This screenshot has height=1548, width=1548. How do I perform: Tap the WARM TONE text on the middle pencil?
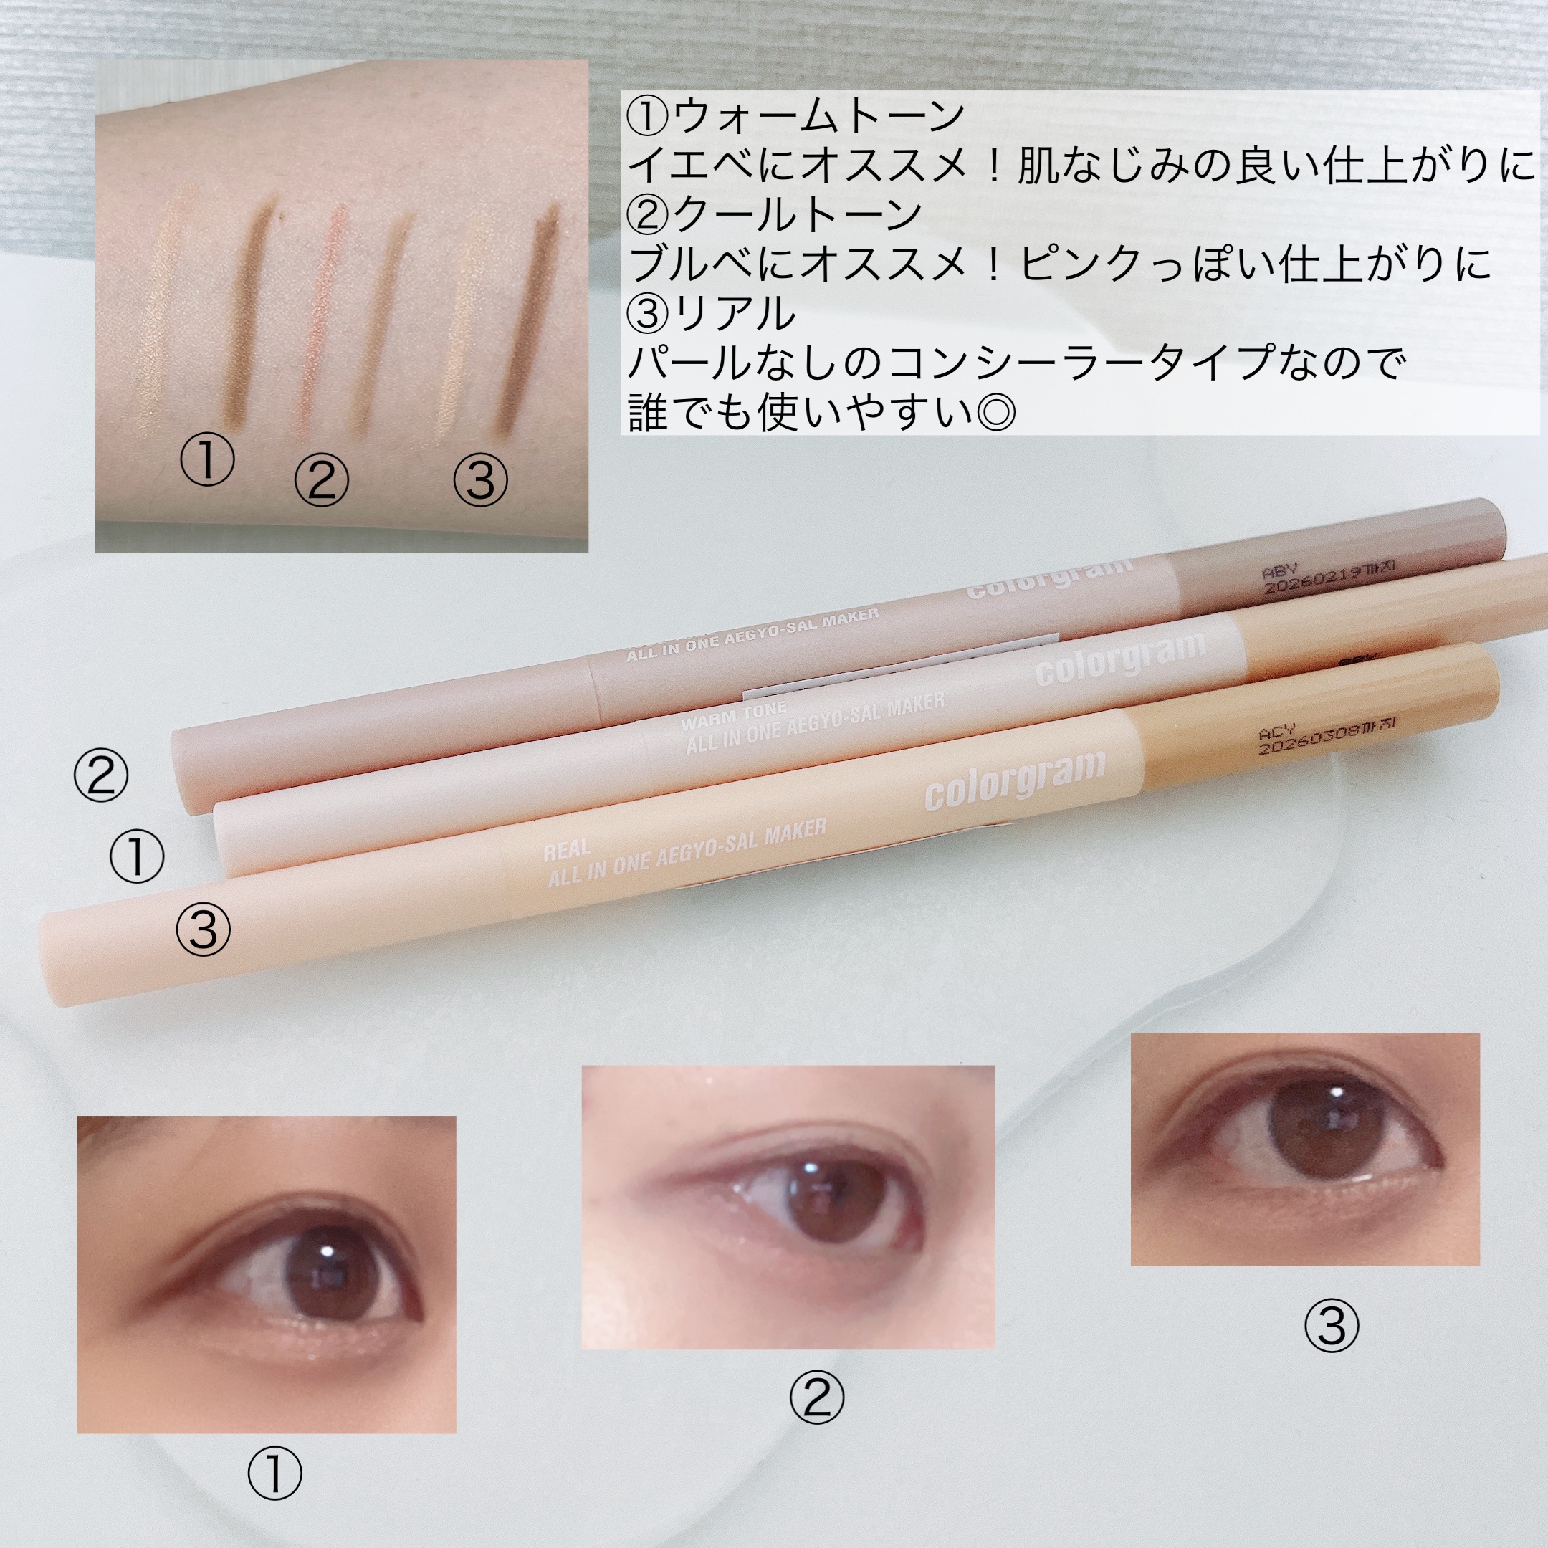pos(733,715)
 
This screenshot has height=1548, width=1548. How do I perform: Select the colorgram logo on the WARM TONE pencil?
pos(1120,659)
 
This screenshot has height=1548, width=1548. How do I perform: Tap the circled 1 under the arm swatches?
pos(206,460)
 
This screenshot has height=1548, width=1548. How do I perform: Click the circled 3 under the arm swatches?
pos(480,480)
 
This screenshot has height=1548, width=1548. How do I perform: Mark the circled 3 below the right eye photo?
pos(1331,1326)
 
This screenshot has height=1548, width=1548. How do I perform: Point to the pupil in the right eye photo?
pos(1337,1124)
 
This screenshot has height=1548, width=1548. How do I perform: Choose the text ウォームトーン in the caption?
pos(819,116)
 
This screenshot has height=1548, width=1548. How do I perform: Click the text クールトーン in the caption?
pos(797,214)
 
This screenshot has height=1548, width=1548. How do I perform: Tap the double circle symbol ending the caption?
pos(995,413)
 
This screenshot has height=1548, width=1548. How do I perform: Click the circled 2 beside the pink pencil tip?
pos(101,775)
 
